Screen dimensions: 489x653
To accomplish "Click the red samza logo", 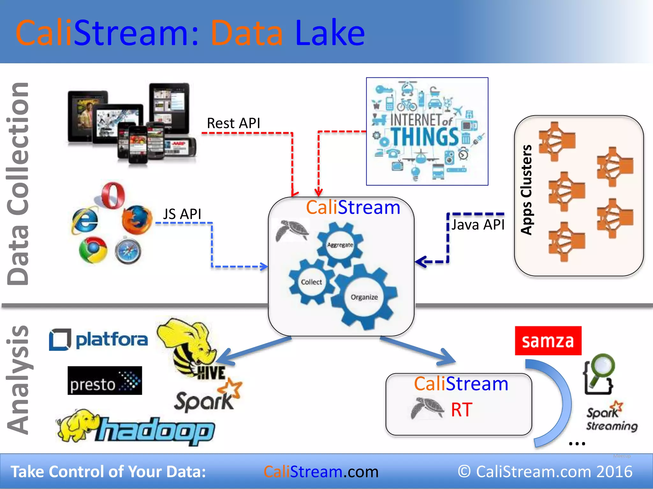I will point(548,341).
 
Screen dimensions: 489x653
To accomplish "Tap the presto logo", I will point(105,381).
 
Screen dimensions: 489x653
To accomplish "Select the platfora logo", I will point(99,340).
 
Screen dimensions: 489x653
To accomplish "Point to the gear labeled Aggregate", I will point(340,245).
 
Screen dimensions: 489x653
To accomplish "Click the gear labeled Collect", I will point(311,282).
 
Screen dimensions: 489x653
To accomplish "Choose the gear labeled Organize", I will point(364,297).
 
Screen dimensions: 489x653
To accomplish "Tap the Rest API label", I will point(233,123).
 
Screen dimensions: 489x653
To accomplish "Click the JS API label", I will point(182,214).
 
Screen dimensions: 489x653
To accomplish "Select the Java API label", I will point(478,225).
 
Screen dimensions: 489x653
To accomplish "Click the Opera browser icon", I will point(113,195).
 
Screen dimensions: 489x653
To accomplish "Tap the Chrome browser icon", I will point(93,250).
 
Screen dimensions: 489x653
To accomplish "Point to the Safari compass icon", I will point(128,252).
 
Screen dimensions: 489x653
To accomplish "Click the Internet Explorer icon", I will point(85,220).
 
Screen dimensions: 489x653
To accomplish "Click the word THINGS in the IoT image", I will point(425,137).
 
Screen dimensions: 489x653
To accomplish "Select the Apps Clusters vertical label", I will point(526,190).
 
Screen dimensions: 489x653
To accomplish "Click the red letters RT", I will point(461,410).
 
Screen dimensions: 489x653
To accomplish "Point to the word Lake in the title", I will point(330,33).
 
